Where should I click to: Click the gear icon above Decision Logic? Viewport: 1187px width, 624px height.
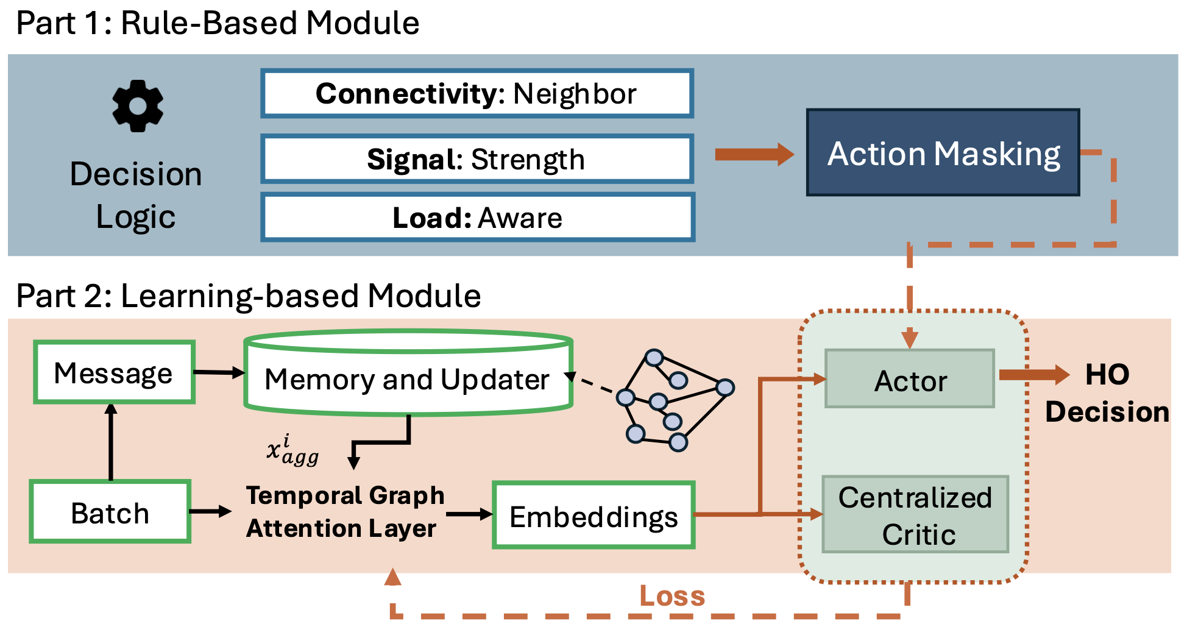[x=138, y=106]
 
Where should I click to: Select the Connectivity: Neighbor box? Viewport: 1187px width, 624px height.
[x=477, y=94]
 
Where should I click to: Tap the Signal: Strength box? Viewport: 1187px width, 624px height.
[x=477, y=160]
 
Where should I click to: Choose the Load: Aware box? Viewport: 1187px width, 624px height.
[x=477, y=218]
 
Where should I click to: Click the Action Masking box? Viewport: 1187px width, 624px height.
[x=943, y=153]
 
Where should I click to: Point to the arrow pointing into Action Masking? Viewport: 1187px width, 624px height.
[x=754, y=154]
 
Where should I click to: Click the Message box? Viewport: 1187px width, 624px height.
[x=114, y=372]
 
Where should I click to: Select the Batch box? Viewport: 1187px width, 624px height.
[x=110, y=512]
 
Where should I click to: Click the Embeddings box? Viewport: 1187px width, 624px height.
[x=593, y=516]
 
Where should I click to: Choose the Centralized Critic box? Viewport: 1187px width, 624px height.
[x=915, y=515]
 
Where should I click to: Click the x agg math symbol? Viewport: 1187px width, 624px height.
[x=292, y=450]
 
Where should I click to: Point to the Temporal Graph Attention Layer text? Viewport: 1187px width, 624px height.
[x=344, y=512]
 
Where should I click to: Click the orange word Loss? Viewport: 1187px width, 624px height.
[x=671, y=596]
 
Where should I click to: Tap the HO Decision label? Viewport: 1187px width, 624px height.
[x=1107, y=393]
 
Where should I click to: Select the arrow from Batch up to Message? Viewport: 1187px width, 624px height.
[x=111, y=442]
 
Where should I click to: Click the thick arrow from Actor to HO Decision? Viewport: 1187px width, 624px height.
[x=1034, y=374]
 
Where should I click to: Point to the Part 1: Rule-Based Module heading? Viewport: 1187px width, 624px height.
[x=218, y=23]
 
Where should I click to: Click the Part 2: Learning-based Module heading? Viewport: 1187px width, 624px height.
[x=248, y=296]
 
